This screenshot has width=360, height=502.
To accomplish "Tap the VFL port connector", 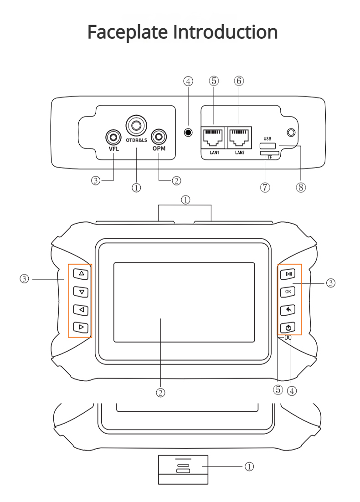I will click(x=113, y=136).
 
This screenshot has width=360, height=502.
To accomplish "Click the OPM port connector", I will click(x=159, y=136).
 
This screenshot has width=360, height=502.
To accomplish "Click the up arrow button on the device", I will click(x=81, y=274).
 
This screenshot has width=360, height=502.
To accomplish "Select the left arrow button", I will click(x=81, y=310).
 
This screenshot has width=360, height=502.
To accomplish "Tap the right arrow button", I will click(x=81, y=327).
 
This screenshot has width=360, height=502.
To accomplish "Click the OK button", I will click(x=288, y=292).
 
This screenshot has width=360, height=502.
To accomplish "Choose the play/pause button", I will click(x=288, y=274).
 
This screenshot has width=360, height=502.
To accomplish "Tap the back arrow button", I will click(x=288, y=310).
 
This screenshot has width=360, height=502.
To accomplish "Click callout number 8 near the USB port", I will click(x=301, y=187).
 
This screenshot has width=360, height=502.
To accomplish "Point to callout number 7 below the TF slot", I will click(x=265, y=187).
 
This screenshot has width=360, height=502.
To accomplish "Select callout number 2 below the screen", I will click(x=160, y=392).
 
